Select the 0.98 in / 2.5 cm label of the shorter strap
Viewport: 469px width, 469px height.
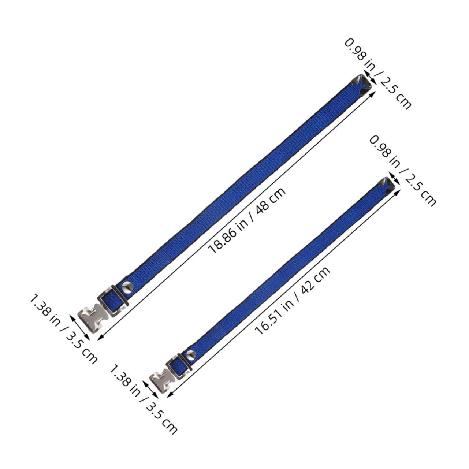(x=403, y=171)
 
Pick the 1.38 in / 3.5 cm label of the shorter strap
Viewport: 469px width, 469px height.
(x=144, y=399)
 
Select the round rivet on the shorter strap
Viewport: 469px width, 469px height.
(x=191, y=354)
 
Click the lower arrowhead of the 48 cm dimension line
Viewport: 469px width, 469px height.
(x=99, y=338)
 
